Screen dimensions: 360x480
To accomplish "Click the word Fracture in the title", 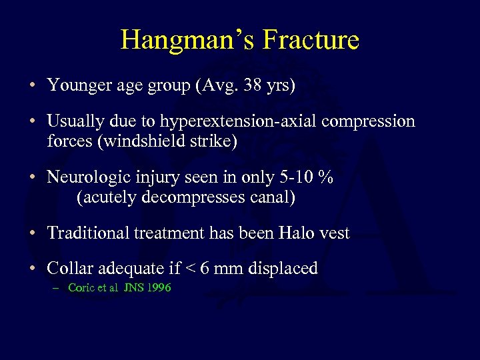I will pyautogui.click(x=311, y=40).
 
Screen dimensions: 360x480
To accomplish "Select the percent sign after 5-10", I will pyautogui.click(x=327, y=177).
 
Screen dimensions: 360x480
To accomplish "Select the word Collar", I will pyautogui.click(x=70, y=269).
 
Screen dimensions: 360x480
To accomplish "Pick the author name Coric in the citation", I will pyautogui.click(x=81, y=288).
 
